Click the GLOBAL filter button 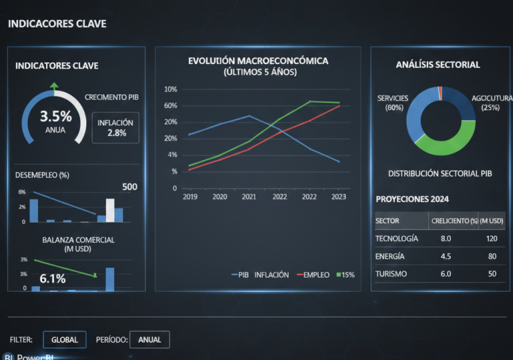click(65, 339)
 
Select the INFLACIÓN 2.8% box click(116, 128)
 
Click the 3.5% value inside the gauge click(55, 117)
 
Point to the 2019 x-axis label click(190, 198)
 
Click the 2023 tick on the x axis click(339, 198)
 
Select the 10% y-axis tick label click(170, 89)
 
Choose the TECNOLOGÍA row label click(397, 238)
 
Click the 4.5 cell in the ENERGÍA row click(446, 256)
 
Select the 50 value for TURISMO click(492, 274)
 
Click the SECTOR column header click(387, 220)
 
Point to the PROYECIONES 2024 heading click(412, 199)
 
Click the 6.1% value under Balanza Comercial click(53, 279)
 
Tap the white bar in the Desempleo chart click(110, 210)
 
